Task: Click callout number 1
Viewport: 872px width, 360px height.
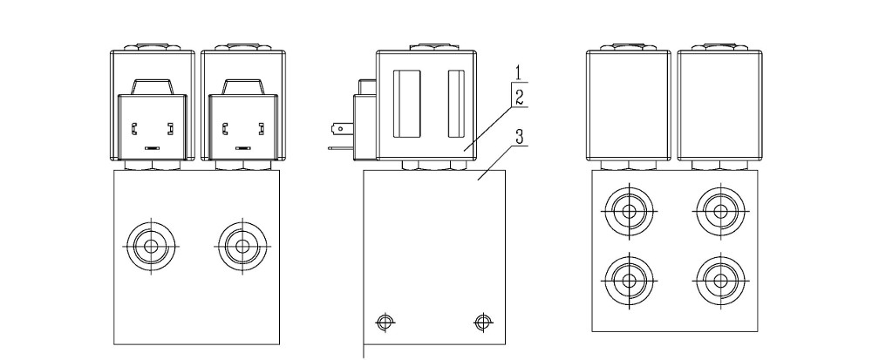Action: (x=518, y=72)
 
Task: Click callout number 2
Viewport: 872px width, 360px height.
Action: (x=519, y=98)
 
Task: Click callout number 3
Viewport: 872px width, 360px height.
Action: (x=519, y=137)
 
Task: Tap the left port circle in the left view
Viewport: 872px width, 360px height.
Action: (x=151, y=246)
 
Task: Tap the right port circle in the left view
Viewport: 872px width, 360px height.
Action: (x=242, y=246)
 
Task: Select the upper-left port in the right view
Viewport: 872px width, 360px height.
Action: (x=629, y=212)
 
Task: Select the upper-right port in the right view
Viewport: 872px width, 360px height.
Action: (x=720, y=212)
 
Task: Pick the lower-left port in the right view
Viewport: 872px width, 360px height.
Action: (x=629, y=281)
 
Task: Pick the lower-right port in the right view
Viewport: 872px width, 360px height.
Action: (x=720, y=281)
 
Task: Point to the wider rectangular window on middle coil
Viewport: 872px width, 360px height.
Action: (x=406, y=104)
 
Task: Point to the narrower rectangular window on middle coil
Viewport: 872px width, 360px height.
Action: (x=456, y=104)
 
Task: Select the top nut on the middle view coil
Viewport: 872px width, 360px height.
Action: (x=426, y=48)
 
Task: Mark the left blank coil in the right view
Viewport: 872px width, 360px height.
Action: (x=629, y=105)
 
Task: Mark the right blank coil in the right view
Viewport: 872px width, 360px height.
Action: (x=719, y=105)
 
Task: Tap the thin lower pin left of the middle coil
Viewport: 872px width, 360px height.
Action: (x=341, y=148)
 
